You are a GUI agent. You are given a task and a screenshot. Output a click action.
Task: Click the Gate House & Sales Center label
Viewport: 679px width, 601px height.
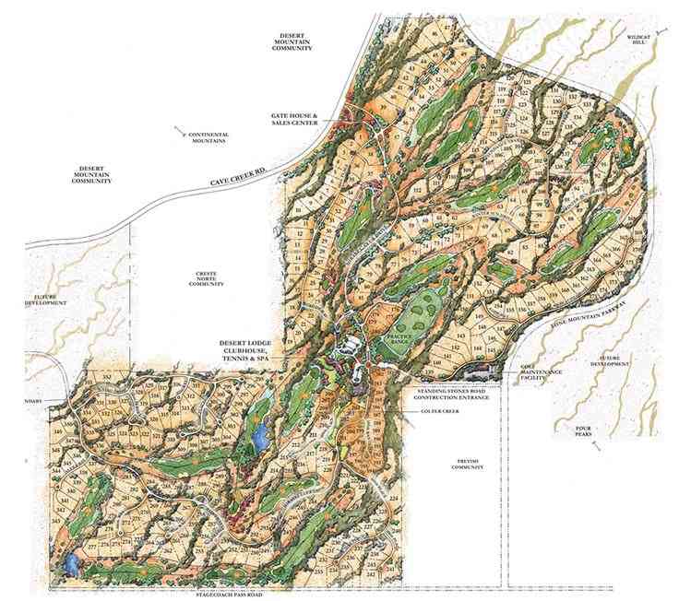pos(294,121)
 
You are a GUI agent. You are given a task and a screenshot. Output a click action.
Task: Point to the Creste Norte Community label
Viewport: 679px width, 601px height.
pos(207,279)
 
